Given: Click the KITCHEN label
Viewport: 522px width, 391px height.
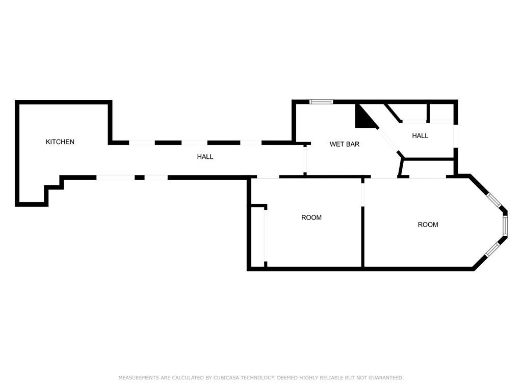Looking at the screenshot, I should tap(60, 142).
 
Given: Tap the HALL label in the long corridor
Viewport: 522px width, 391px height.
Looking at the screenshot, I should tap(205, 157).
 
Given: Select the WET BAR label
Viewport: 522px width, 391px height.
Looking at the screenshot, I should tap(345, 145).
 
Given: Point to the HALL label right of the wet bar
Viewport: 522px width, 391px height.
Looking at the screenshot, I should tap(420, 136).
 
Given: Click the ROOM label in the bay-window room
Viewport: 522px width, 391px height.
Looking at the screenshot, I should tap(428, 225).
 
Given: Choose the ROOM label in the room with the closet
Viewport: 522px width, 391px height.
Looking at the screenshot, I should tap(311, 218).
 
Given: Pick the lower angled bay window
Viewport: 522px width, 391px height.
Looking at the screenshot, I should tap(493, 249).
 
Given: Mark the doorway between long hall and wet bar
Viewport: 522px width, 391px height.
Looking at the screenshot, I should tap(305, 160).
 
